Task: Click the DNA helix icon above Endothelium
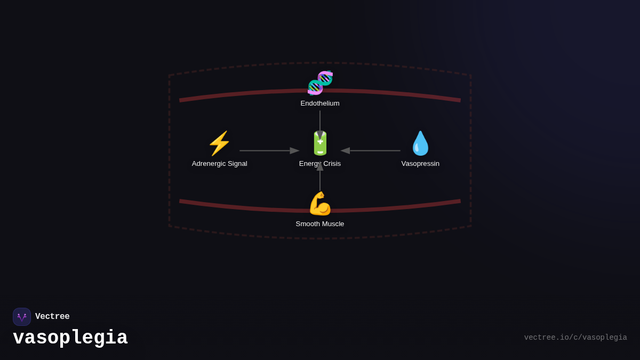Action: pos(320,83)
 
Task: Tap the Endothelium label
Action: pos(320,103)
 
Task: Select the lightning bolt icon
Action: pos(219,143)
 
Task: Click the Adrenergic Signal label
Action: pos(219,164)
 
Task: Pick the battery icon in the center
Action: pos(320,143)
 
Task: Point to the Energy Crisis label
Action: pos(320,164)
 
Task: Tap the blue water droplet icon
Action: pos(420,143)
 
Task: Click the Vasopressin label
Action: pos(420,164)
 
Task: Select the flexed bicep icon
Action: pos(320,204)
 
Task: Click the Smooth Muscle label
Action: pos(320,224)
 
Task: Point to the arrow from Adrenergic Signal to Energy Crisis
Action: pos(269,151)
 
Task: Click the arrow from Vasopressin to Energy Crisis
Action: pos(371,151)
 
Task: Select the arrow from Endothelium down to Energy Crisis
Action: pos(320,122)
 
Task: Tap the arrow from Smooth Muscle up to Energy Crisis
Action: pos(320,179)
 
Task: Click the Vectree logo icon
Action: pos(22,317)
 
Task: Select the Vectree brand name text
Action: pos(52,317)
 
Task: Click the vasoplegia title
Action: pos(70,338)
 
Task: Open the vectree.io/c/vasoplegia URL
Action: pos(575,338)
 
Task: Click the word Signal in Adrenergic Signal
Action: pos(235,164)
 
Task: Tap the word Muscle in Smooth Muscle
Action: pos(332,224)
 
